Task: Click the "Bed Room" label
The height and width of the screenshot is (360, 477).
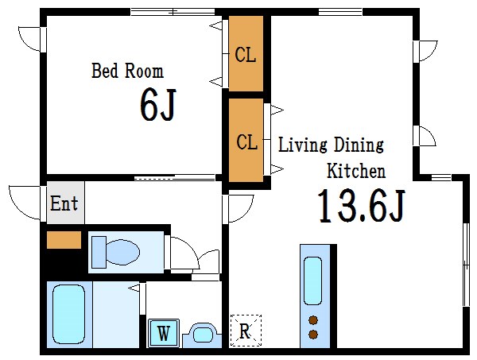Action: pyautogui.click(x=127, y=71)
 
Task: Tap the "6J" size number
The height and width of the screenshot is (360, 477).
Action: pyautogui.click(x=158, y=104)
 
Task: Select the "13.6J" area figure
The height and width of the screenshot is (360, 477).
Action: pyautogui.click(x=362, y=206)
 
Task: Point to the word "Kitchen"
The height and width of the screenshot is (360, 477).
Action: pyautogui.click(x=356, y=171)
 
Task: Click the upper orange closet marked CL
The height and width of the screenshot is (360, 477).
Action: pyautogui.click(x=246, y=53)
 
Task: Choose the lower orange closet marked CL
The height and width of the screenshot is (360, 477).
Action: pyautogui.click(x=246, y=140)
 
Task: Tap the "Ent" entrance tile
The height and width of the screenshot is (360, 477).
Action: pyautogui.click(x=65, y=203)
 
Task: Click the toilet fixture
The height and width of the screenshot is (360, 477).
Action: pyautogui.click(x=115, y=253)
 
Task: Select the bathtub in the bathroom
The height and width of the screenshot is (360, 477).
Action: pyautogui.click(x=68, y=315)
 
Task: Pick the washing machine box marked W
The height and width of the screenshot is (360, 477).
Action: pyautogui.click(x=163, y=333)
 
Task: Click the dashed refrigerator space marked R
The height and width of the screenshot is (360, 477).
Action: pyautogui.click(x=246, y=331)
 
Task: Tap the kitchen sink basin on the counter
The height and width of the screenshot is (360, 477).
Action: pyautogui.click(x=313, y=281)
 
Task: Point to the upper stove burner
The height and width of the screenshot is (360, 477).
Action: pyautogui.click(x=313, y=320)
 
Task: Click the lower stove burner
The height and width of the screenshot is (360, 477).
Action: pyautogui.click(x=313, y=335)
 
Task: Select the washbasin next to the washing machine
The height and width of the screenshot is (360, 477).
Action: pyautogui.click(x=202, y=335)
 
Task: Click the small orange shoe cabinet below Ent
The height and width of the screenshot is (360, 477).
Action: pyautogui.click(x=64, y=240)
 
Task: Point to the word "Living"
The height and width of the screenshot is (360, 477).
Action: pyautogui.click(x=303, y=145)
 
